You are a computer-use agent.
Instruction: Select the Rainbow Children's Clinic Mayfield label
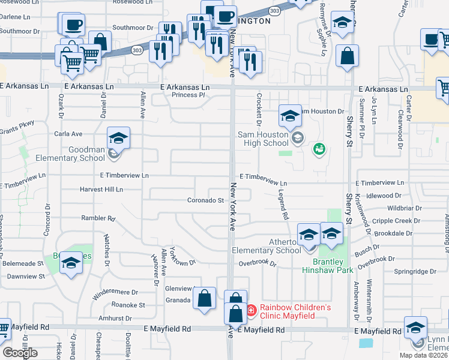[295, 311]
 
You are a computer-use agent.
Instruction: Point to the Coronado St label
[205, 200]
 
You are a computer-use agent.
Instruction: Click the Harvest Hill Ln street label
[101, 190]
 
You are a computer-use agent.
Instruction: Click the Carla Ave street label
[68, 134]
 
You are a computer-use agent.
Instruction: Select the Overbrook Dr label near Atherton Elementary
[257, 263]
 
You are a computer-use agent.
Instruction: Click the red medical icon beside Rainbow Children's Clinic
[251, 311]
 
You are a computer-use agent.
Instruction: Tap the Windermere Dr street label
[115, 295]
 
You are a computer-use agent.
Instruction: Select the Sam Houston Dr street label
[322, 112]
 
